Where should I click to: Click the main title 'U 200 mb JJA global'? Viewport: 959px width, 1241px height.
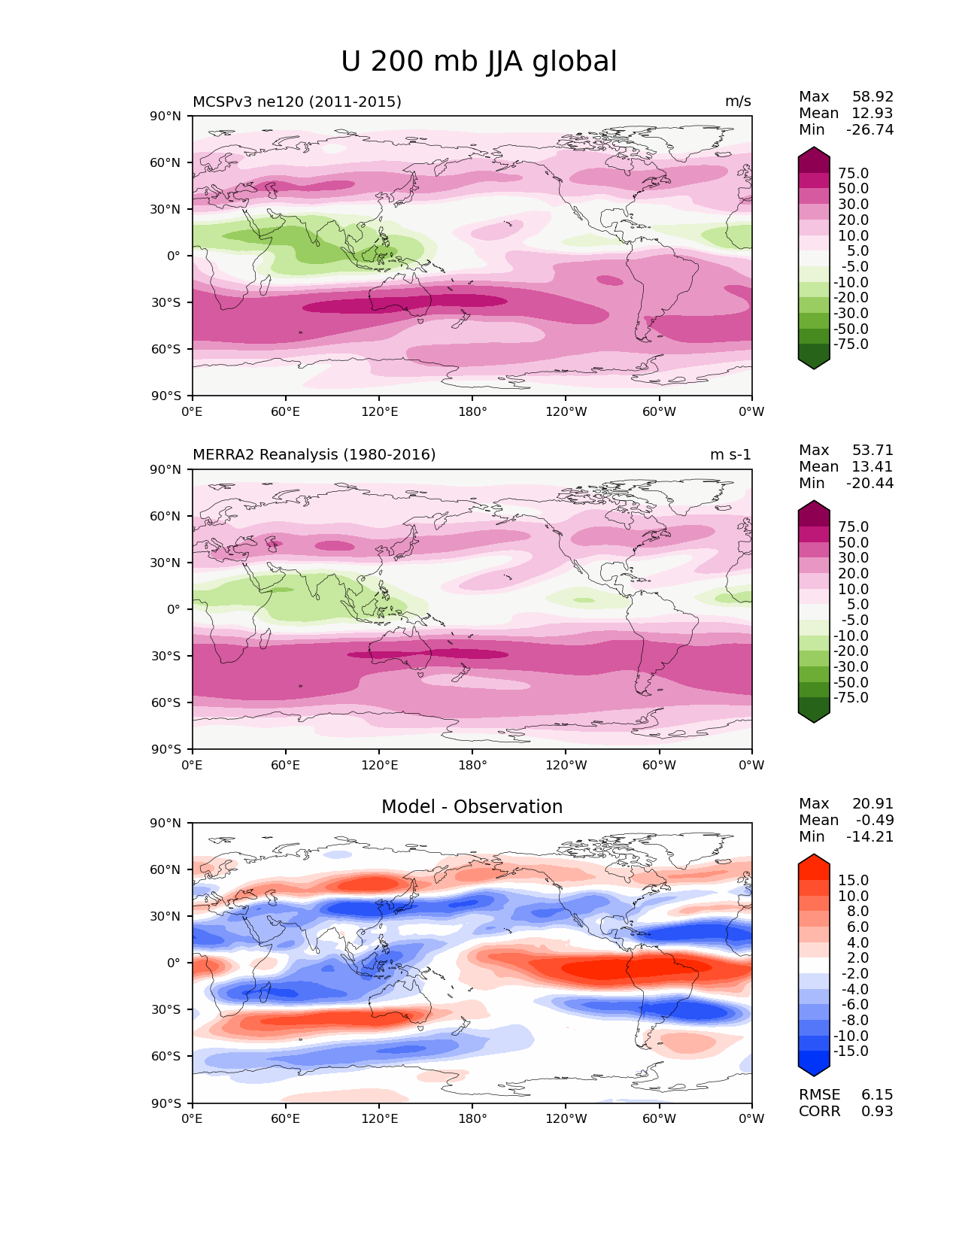[478, 62]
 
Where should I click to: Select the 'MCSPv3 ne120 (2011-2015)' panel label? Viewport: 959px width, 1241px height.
[296, 102]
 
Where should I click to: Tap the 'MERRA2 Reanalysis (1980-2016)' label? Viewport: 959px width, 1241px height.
[314, 455]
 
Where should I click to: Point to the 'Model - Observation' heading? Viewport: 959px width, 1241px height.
[472, 807]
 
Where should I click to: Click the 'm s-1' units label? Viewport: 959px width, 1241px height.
[730, 455]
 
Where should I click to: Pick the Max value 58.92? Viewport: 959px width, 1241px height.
[873, 97]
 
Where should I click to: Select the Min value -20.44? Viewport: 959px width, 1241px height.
[869, 484]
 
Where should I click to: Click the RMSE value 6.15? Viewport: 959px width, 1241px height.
[877, 1095]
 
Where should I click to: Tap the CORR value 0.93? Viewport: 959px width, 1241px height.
[877, 1112]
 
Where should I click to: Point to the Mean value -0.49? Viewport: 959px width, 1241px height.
[875, 821]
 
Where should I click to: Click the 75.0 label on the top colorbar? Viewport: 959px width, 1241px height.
[853, 174]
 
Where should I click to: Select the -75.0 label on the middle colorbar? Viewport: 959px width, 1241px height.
[851, 698]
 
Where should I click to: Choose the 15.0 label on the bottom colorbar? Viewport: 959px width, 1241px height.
[853, 881]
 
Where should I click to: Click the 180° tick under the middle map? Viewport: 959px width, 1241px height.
[472, 766]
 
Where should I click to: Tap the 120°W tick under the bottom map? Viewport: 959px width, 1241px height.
[566, 1119]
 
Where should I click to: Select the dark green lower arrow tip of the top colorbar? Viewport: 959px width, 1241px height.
[814, 365]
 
